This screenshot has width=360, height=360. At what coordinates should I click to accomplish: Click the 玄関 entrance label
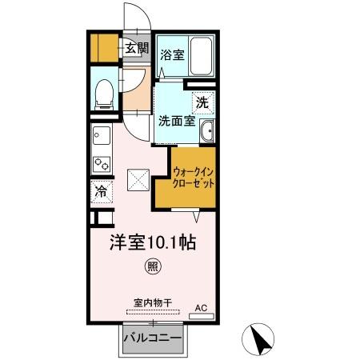tap(136, 49)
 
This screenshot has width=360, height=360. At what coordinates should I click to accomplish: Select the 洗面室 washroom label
tap(175, 122)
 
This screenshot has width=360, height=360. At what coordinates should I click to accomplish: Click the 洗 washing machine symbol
tap(203, 102)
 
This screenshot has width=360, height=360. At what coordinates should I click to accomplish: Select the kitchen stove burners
tap(102, 163)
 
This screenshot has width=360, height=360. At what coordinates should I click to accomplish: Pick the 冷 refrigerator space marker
tap(102, 192)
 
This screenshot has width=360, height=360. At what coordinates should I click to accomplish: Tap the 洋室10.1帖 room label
tap(154, 241)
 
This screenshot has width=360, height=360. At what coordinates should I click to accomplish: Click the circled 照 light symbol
tap(150, 265)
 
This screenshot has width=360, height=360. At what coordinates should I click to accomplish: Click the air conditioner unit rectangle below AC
tap(201, 316)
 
